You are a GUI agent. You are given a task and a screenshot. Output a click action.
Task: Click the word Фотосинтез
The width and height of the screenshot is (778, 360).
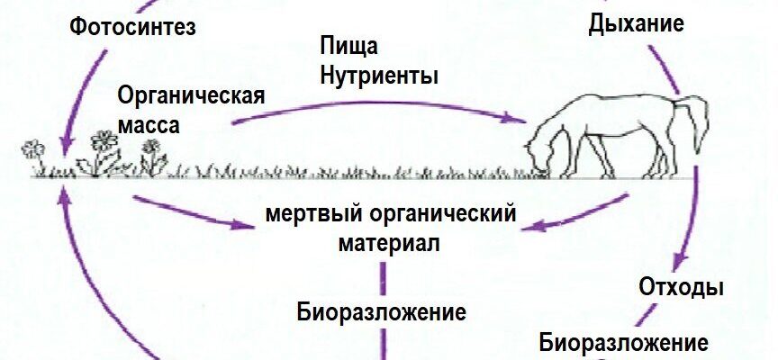point(131,26)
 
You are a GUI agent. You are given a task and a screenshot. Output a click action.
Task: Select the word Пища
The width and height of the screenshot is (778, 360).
point(348,46)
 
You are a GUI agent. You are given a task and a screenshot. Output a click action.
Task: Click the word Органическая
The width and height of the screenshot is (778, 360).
point(192,95)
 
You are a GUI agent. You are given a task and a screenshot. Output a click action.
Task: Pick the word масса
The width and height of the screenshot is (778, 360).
point(149,123)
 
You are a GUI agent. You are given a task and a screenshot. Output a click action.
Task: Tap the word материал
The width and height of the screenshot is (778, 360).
point(390,243)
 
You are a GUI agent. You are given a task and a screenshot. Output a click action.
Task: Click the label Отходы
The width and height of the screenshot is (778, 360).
point(682,288)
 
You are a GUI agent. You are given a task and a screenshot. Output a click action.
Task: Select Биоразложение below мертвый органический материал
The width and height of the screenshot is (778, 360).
point(382,313)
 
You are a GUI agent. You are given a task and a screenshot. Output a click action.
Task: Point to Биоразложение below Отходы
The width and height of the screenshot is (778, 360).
point(623,343)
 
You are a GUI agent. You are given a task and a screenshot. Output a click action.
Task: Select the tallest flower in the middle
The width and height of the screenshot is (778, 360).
point(104,141)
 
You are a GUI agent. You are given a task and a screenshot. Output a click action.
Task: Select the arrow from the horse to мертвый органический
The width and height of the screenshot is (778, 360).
point(576,211)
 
